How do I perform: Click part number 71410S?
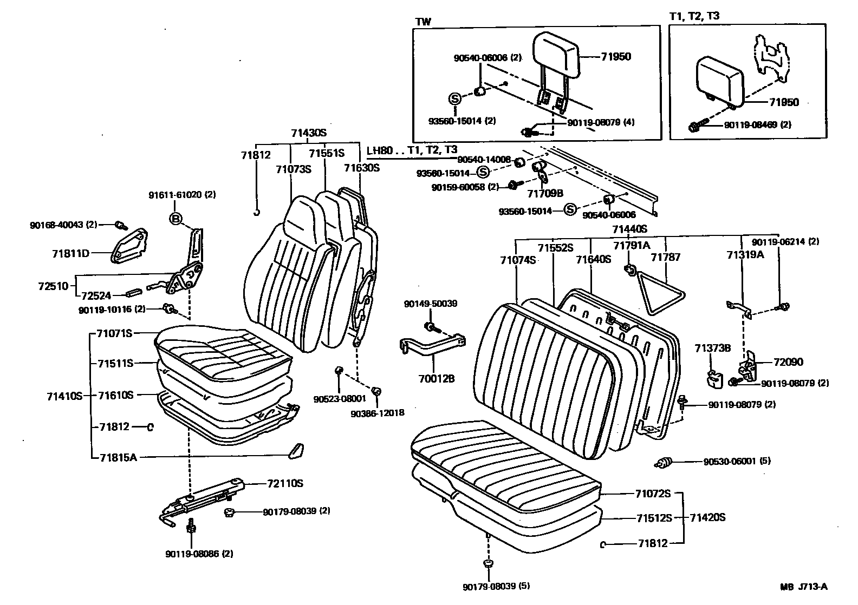click(x=64, y=396)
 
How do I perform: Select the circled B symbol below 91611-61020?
click(x=175, y=219)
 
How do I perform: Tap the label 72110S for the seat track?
click(x=285, y=484)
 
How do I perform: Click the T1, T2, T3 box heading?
click(x=694, y=16)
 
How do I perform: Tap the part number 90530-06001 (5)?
click(x=737, y=462)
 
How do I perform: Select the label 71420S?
click(x=707, y=517)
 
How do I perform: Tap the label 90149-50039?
click(x=430, y=304)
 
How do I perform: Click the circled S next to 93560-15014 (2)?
click(x=454, y=98)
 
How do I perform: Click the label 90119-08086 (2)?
click(x=192, y=554)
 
